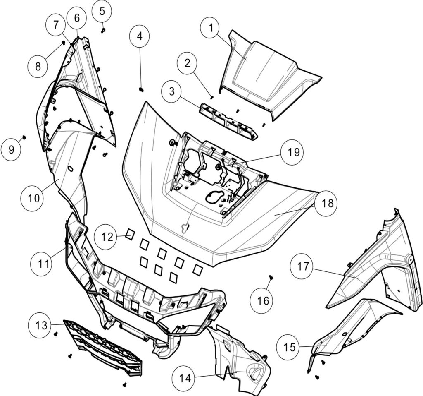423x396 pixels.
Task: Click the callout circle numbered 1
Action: click(x=211, y=29)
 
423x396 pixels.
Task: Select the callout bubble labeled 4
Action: click(x=140, y=36)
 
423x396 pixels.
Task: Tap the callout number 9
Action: click(x=11, y=149)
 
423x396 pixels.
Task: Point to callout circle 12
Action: click(x=105, y=238)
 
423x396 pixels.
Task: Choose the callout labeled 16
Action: click(x=263, y=300)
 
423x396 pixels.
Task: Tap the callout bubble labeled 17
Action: click(x=303, y=266)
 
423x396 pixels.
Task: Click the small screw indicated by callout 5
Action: click(x=103, y=30)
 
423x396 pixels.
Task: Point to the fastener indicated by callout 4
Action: click(x=141, y=89)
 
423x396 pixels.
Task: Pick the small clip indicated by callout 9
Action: click(x=24, y=137)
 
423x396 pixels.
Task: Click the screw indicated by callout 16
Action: click(x=271, y=277)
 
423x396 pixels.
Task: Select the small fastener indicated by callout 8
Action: click(x=63, y=42)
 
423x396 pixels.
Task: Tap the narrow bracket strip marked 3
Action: click(x=227, y=122)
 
